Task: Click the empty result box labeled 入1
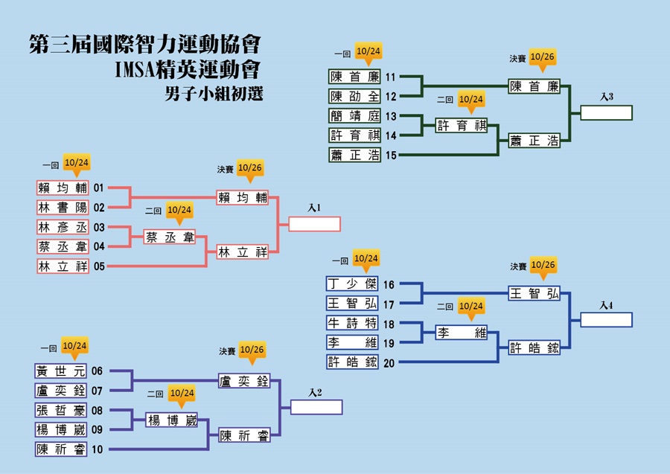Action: (x=314, y=224)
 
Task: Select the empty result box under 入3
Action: (x=606, y=113)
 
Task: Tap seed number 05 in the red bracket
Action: (x=99, y=266)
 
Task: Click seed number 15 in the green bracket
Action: (x=391, y=155)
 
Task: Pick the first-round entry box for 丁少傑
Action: (x=352, y=284)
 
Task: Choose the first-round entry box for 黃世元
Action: (x=61, y=371)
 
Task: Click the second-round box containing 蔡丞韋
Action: (x=170, y=237)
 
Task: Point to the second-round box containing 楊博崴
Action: (x=172, y=420)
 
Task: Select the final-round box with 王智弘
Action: (x=534, y=293)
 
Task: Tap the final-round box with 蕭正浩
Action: (x=534, y=141)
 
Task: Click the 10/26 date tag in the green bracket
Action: (x=542, y=60)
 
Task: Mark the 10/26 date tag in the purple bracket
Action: (x=252, y=353)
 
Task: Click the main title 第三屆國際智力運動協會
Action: (x=145, y=44)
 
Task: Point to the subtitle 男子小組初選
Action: (x=214, y=94)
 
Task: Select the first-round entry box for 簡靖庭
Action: (x=354, y=116)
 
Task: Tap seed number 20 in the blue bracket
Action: (x=389, y=363)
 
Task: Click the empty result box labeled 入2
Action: (x=316, y=407)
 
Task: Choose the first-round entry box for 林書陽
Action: (x=63, y=208)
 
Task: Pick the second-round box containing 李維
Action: (x=462, y=332)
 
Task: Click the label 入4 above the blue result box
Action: (x=606, y=305)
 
